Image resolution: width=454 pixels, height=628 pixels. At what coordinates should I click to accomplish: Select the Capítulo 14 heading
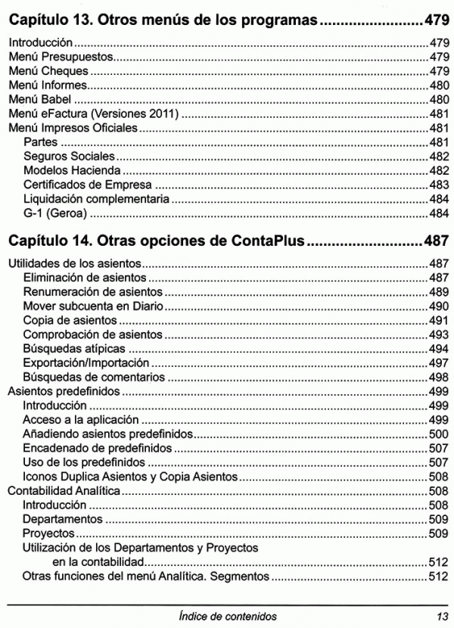155,242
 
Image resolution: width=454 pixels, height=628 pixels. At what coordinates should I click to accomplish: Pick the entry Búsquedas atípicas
73,349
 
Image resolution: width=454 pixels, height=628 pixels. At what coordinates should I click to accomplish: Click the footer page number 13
440,616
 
